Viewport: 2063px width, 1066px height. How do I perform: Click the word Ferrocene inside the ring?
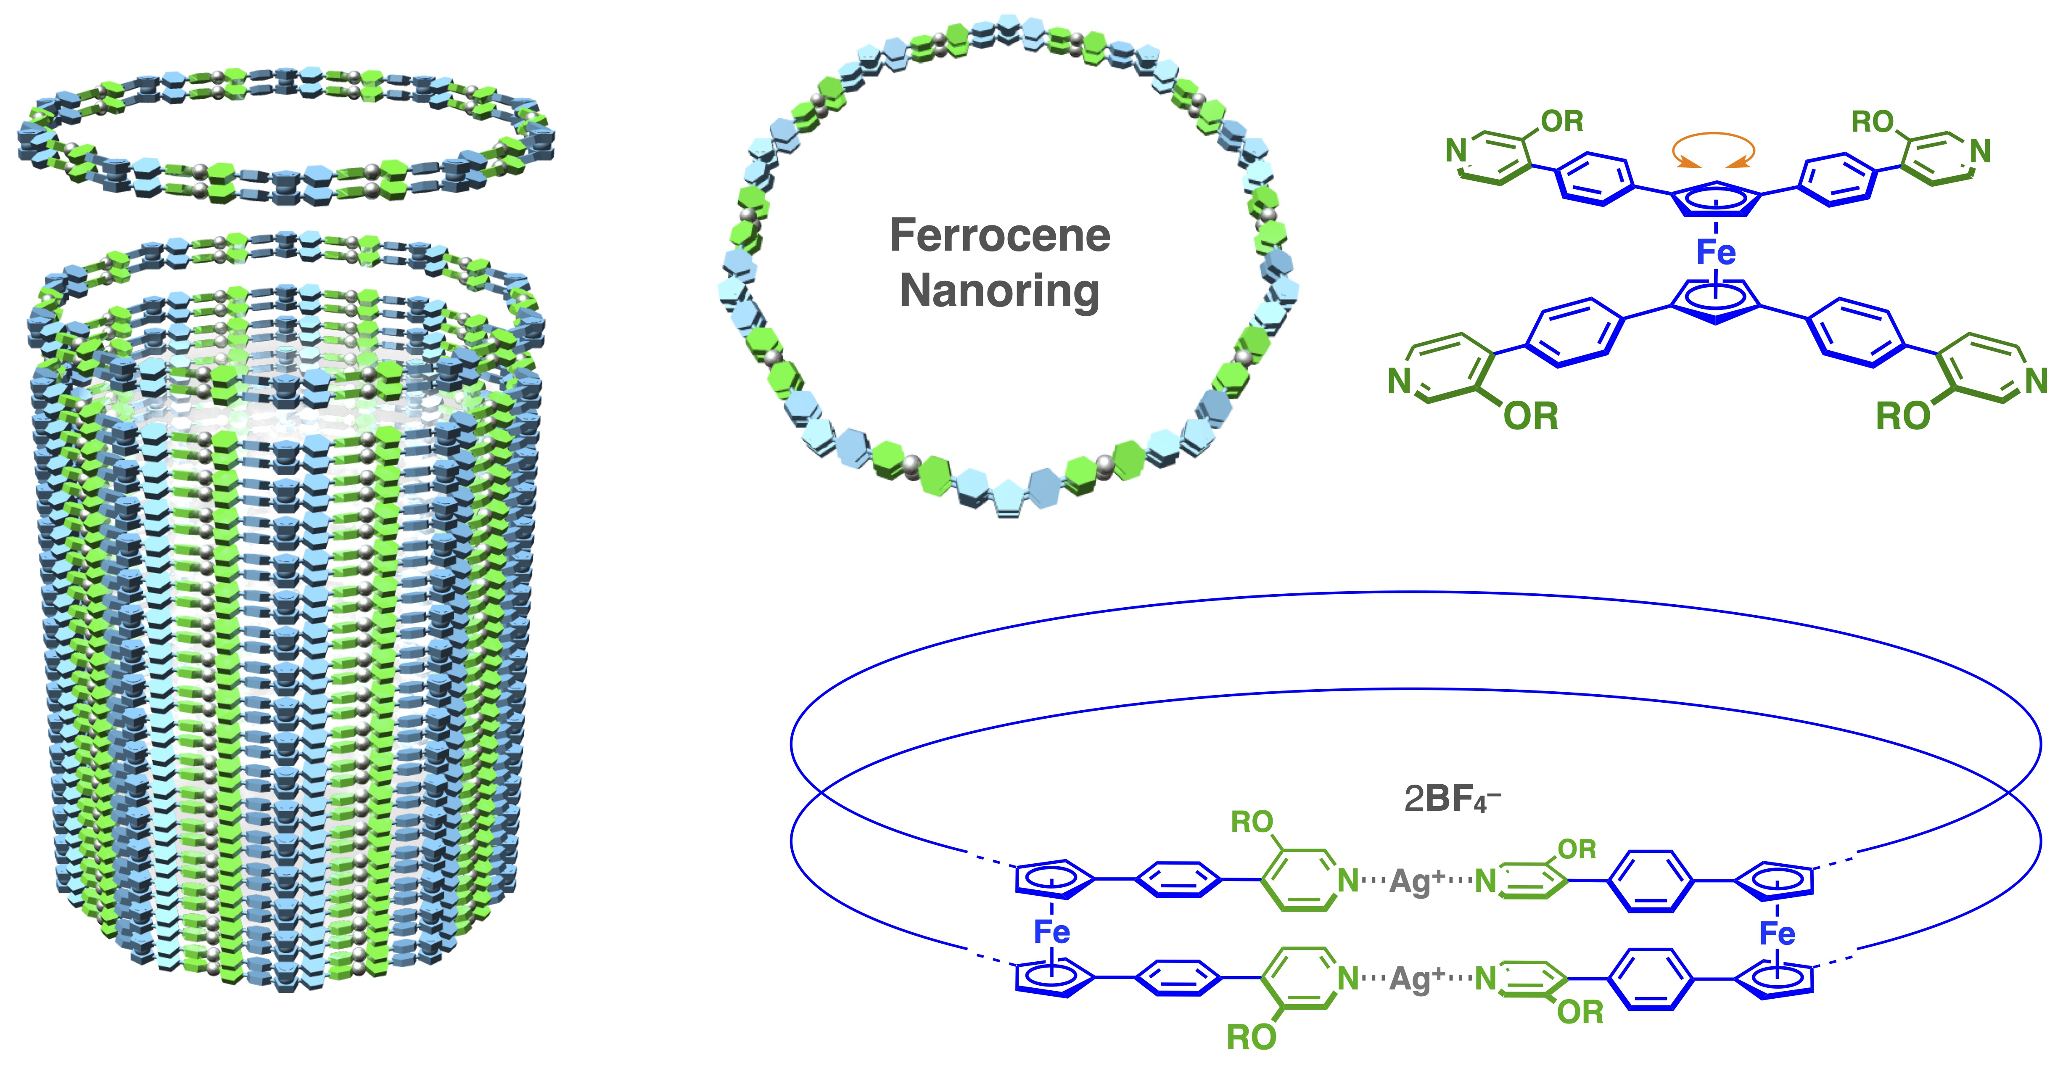[x=999, y=235]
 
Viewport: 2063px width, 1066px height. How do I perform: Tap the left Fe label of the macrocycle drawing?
[x=1051, y=931]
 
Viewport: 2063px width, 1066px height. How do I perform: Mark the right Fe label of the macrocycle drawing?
[x=1777, y=933]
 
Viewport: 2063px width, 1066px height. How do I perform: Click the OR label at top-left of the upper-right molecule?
[x=1562, y=122]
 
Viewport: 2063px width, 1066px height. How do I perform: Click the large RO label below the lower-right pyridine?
[x=1903, y=416]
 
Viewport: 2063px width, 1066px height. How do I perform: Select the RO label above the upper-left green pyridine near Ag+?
[x=1252, y=822]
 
